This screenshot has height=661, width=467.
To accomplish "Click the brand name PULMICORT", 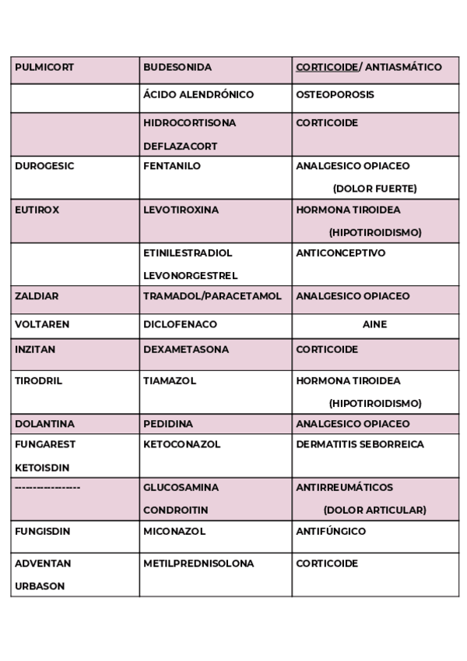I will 44,68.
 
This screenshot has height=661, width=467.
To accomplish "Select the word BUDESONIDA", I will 177,68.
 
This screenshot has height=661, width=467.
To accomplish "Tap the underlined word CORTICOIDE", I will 326,68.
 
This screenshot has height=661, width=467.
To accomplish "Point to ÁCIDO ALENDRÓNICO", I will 198,95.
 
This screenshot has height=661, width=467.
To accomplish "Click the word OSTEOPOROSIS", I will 335,95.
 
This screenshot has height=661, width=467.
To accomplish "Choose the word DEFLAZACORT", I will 180,147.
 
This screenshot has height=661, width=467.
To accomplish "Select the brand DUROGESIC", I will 44,167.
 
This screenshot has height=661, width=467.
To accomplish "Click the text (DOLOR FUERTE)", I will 374,189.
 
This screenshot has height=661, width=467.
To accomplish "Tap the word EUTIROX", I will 37,210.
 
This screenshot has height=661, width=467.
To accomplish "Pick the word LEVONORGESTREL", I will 191,276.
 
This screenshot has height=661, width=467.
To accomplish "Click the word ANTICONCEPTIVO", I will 340,253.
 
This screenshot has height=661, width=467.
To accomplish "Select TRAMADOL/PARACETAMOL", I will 212,297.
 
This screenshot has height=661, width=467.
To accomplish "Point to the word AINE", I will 374,324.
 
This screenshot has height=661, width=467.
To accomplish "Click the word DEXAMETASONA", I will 186,350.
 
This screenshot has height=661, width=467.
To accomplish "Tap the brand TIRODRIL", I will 38,381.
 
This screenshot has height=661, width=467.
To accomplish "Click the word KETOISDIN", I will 42,468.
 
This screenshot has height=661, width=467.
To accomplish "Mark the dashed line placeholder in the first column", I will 47,487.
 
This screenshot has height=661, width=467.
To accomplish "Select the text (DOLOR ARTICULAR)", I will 374,511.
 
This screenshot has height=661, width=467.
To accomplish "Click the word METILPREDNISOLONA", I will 198,564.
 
